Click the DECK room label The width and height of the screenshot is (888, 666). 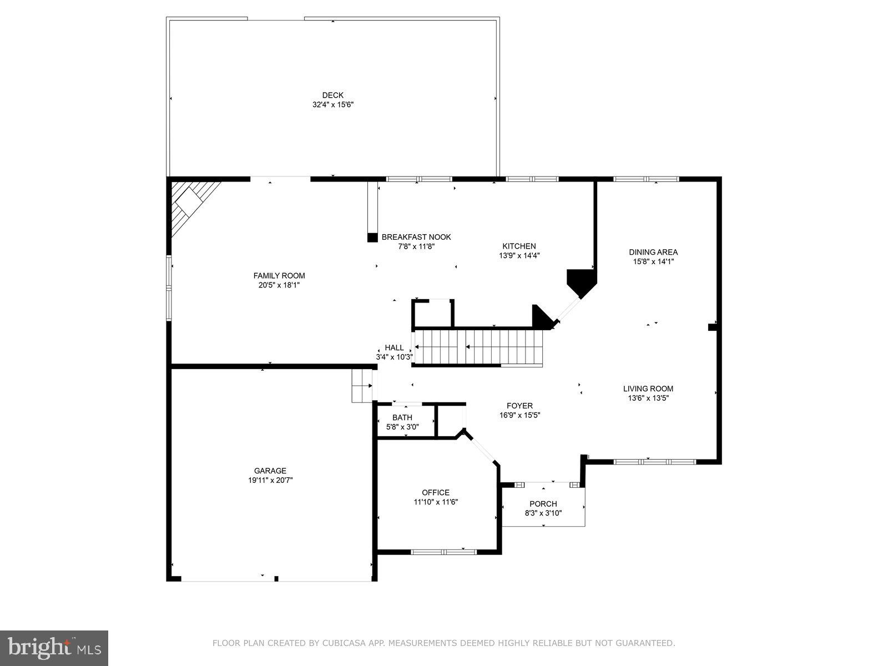pyautogui.click(x=332, y=95)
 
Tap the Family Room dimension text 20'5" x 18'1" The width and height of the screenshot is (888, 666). pyautogui.click(x=279, y=285)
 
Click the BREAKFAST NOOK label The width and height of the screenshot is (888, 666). pyautogui.click(x=416, y=237)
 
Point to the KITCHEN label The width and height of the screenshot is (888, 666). pyautogui.click(x=519, y=246)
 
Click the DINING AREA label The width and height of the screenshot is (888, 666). pyautogui.click(x=653, y=252)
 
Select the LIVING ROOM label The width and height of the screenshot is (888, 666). pyautogui.click(x=648, y=389)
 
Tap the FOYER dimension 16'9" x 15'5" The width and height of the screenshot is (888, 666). pyautogui.click(x=519, y=415)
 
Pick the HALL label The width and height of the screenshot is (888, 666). pyautogui.click(x=394, y=348)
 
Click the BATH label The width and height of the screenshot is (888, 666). pyautogui.click(x=402, y=417)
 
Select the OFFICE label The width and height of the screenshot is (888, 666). pyautogui.click(x=436, y=492)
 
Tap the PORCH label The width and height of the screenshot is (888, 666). pyautogui.click(x=543, y=504)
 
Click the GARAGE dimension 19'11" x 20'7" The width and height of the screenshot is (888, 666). pyautogui.click(x=270, y=480)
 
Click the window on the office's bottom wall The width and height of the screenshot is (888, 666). pyautogui.click(x=443, y=552)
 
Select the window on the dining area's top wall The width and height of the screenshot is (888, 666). pyautogui.click(x=645, y=179)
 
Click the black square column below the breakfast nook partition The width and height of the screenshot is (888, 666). pyautogui.click(x=372, y=237)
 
